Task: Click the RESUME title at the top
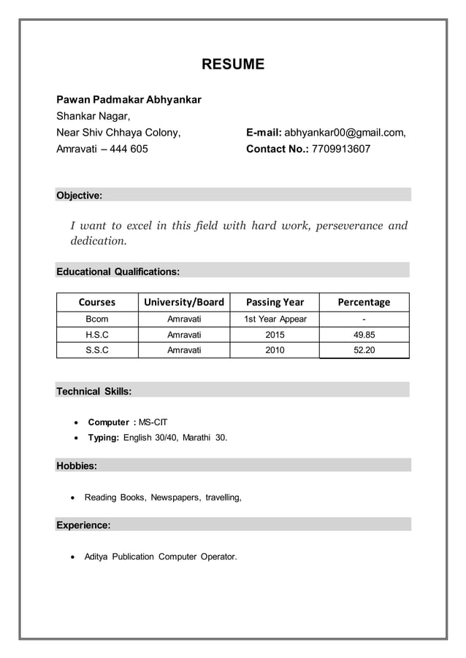pos(232,65)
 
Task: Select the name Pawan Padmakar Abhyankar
pos(129,99)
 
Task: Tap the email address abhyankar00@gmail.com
pos(344,133)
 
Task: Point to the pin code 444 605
pos(129,150)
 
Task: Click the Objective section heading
pos(80,196)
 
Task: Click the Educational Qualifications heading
pos(118,271)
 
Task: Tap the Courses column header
pos(97,302)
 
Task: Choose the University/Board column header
pos(184,302)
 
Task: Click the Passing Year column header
pos(275,302)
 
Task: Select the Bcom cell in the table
pos(97,320)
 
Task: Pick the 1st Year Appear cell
pos(275,320)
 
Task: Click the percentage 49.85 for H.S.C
pos(364,335)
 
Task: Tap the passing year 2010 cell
pos(275,350)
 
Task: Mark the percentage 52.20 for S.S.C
pos(364,350)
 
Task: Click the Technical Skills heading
pos(94,392)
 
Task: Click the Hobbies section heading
pos(77,465)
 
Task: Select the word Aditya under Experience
pos(96,557)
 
